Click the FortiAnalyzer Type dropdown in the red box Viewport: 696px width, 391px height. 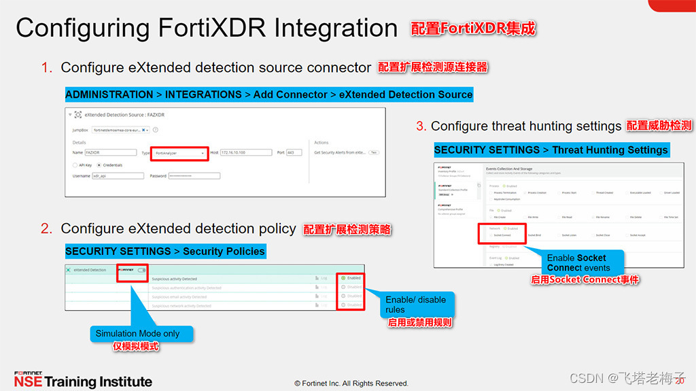179,153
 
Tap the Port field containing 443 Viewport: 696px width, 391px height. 294,153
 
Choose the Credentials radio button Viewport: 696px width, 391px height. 99,165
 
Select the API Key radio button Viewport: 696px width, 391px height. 75,165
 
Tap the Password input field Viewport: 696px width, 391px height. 194,176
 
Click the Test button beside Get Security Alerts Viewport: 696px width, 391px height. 373,153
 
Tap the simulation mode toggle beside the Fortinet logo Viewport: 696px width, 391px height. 141,270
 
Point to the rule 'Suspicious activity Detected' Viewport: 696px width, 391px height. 175,279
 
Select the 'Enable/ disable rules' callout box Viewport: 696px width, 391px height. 417,304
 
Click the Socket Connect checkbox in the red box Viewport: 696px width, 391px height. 491,235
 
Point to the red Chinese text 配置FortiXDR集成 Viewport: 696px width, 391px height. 473,29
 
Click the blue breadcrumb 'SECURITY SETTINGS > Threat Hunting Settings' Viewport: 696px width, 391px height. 551,150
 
